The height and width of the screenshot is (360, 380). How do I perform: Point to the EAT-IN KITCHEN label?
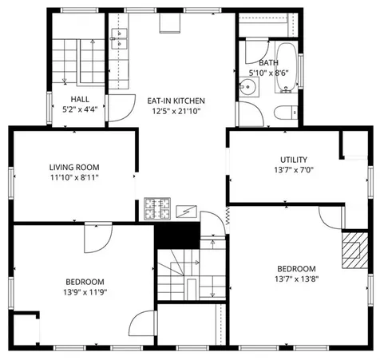[x=176, y=101]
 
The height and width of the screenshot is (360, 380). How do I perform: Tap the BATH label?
[x=268, y=62]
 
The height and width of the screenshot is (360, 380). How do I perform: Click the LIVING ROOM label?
[x=74, y=167]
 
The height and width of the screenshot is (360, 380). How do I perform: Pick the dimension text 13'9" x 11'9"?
[x=85, y=293]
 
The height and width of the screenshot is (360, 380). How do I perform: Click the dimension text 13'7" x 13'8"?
[x=296, y=279]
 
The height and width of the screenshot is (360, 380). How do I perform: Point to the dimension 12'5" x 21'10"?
[x=176, y=111]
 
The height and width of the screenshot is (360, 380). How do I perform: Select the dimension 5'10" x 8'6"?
[x=269, y=73]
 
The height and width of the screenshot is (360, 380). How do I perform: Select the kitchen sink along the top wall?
[x=121, y=38]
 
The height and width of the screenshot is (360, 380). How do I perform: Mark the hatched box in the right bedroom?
[x=352, y=252]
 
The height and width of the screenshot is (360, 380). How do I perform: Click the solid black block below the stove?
[x=176, y=235]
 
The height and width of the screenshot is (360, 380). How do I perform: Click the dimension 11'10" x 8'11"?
[x=74, y=178]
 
